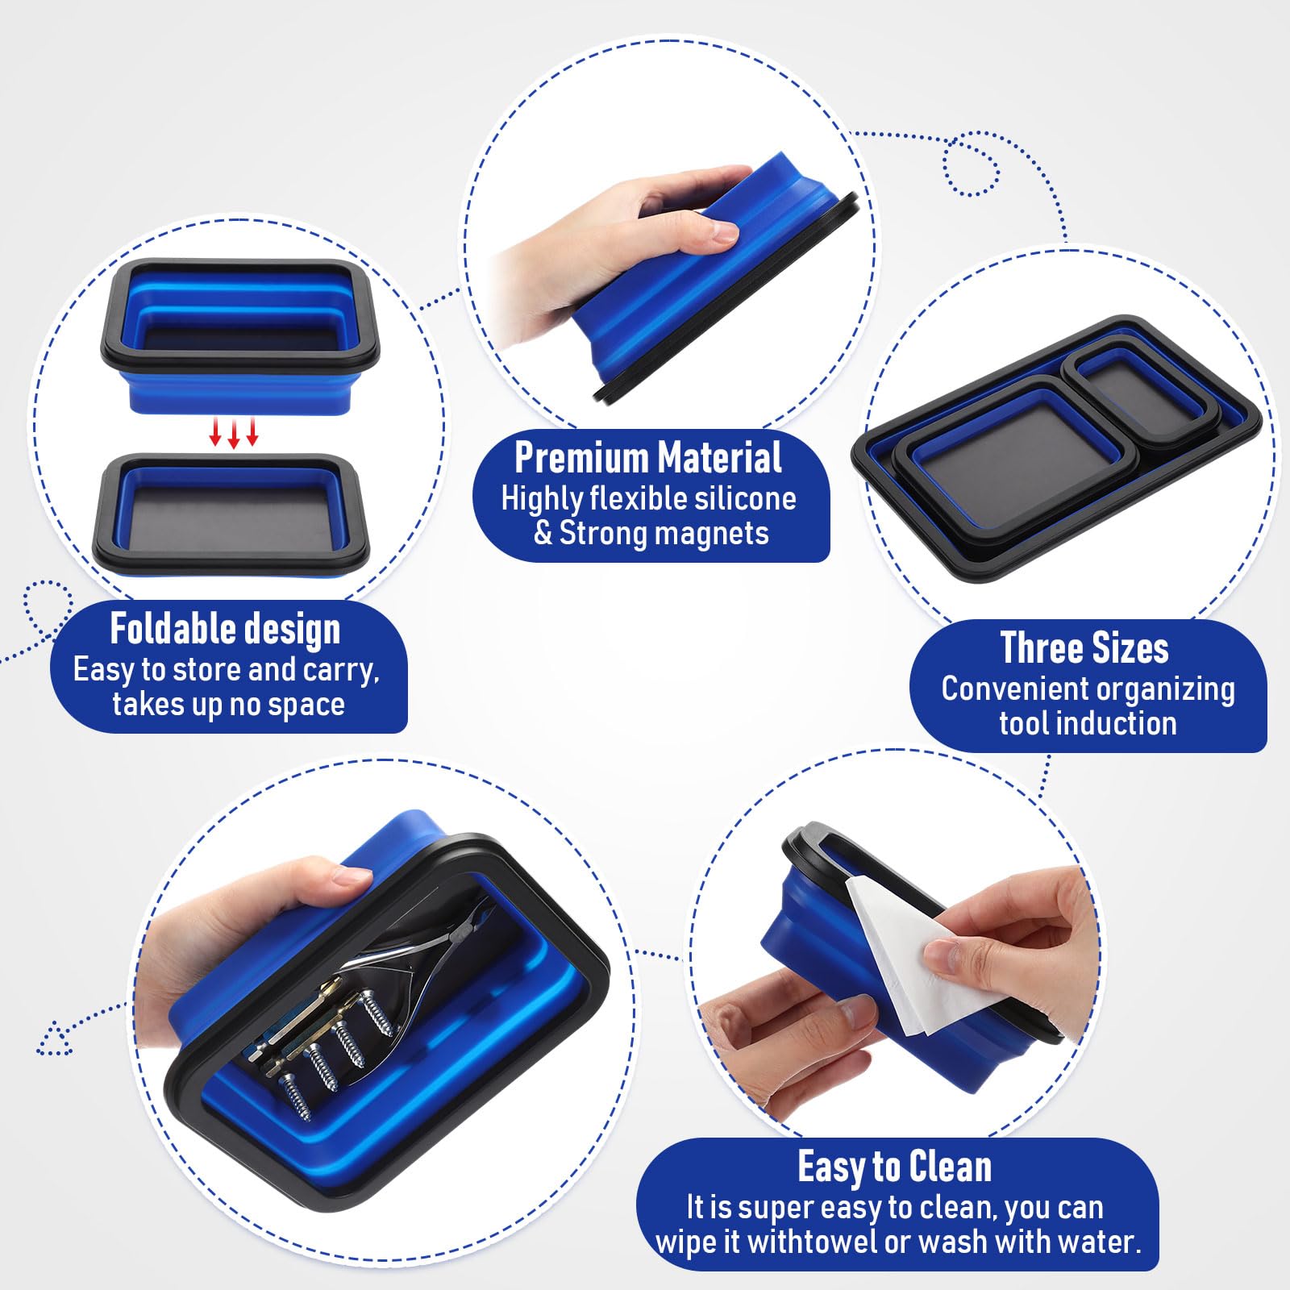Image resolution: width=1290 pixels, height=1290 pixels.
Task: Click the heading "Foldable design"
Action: coord(225,630)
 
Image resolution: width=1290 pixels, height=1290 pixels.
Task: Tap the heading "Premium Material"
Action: coord(648,458)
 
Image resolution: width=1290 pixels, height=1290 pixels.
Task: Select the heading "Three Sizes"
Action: coord(1084,648)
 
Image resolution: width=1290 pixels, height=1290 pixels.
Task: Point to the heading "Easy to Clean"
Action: coord(895,1167)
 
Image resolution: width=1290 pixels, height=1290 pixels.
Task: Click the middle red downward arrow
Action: coord(234,433)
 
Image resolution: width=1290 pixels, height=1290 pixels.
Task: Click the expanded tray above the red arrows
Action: coord(239,335)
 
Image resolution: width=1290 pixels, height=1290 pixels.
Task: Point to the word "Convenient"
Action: coord(1013,689)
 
